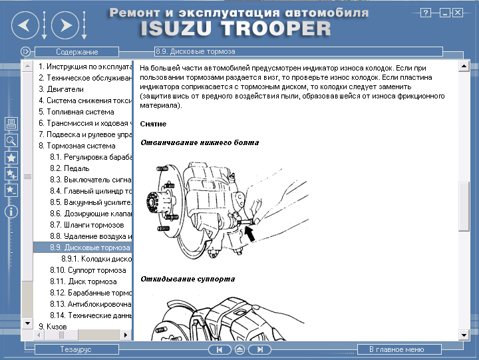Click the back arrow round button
pos(25,26)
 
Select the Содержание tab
pos(77,52)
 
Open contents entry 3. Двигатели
pos(61,89)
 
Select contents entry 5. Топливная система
pos(77,112)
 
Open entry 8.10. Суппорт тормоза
pos(88,270)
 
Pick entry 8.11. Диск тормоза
pos(83,281)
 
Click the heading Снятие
pos(153,124)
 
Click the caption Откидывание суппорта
pos(188,279)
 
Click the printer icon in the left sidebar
pos(11,124)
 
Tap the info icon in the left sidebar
pos(11,212)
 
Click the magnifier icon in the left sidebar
pos(11,140)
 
